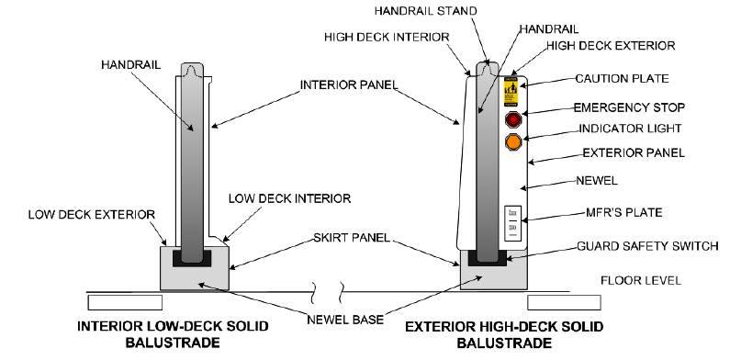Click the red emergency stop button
513,119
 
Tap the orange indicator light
513,142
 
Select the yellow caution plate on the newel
512,93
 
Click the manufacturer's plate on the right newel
512,221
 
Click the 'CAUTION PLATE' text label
621,79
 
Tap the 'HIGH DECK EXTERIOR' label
611,44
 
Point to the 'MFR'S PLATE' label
624,212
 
